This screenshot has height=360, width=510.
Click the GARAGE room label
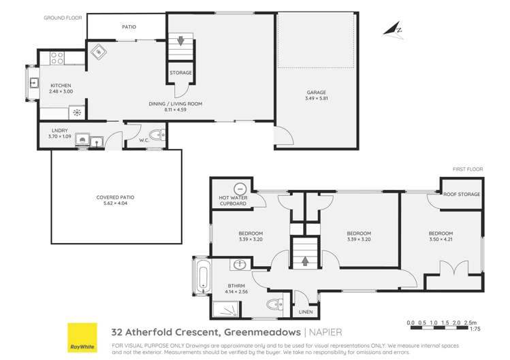[x=315, y=93]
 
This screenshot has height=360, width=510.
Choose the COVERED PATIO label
[x=115, y=197]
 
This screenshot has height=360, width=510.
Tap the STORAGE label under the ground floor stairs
[x=181, y=73]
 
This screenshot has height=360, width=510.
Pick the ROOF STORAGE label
[x=462, y=194]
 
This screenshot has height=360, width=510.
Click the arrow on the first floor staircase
[x=304, y=259]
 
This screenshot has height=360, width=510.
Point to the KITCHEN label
[x=61, y=85]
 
